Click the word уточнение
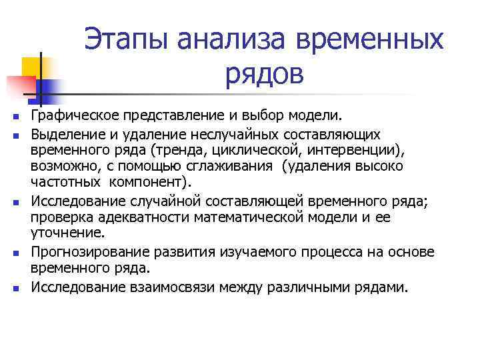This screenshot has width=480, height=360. tap(67, 233)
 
